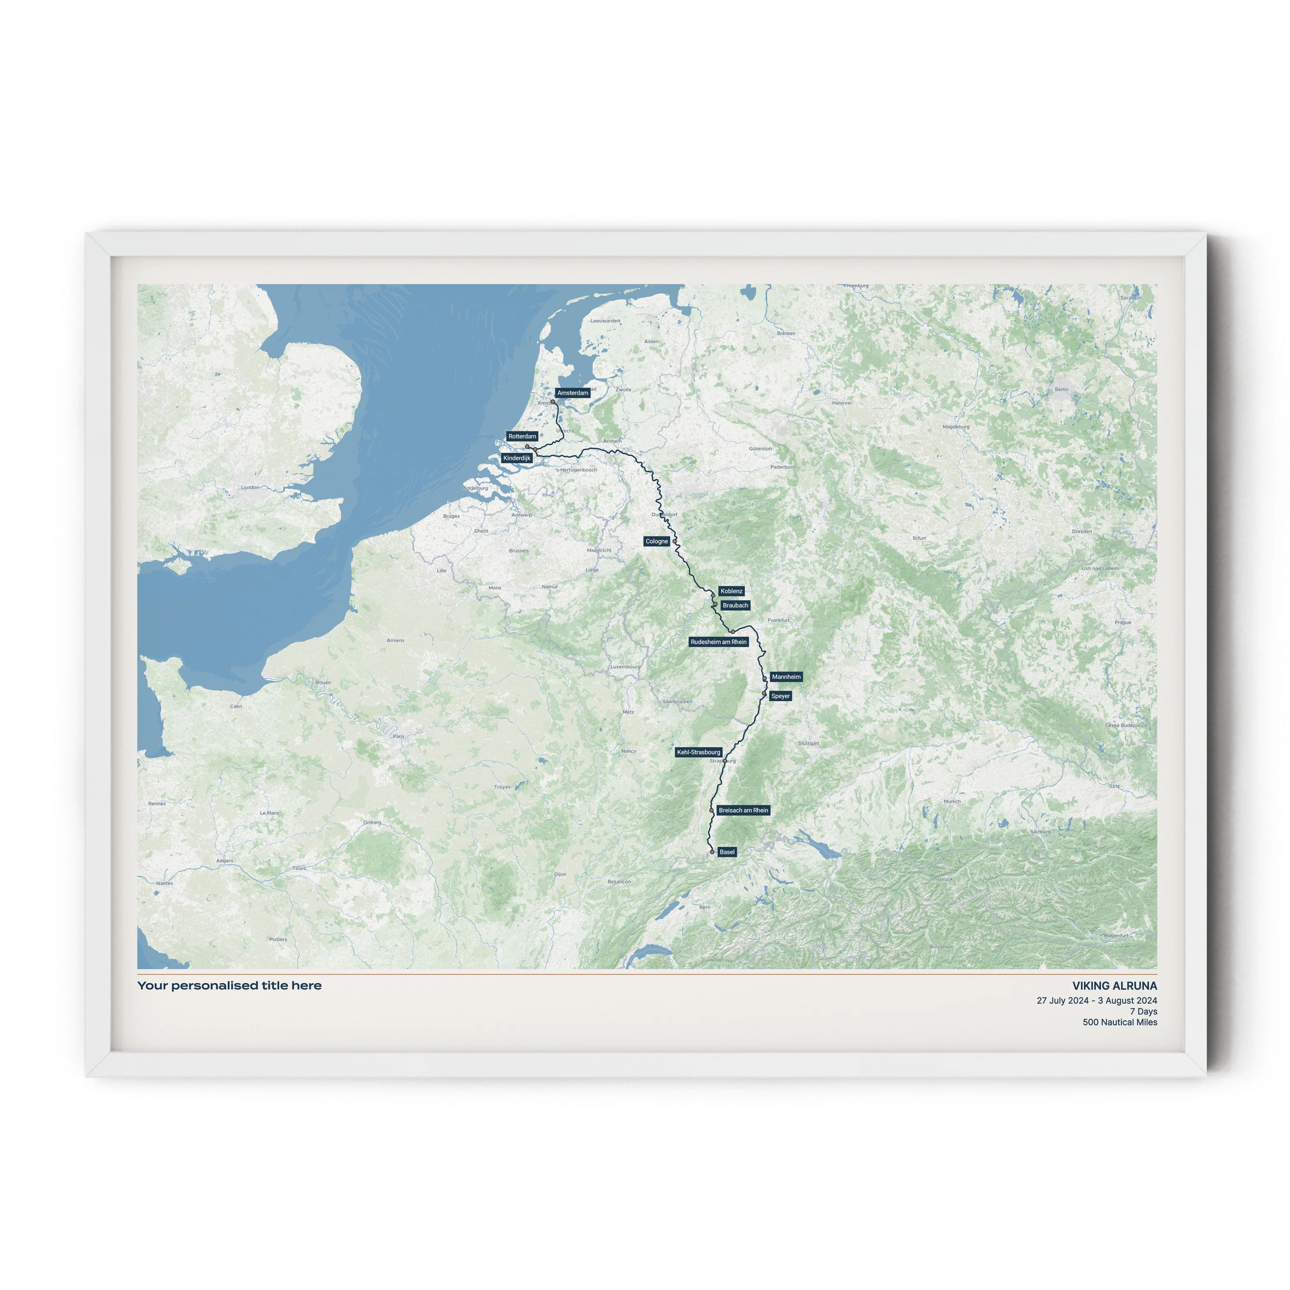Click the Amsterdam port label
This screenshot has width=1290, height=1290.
click(x=572, y=393)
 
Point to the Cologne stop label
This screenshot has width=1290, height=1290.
click(x=656, y=542)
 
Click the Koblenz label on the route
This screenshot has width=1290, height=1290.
click(x=731, y=591)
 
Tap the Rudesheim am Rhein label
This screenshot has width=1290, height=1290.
click(x=718, y=641)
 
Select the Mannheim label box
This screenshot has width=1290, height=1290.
click(x=786, y=677)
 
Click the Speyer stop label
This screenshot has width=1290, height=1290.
click(x=780, y=696)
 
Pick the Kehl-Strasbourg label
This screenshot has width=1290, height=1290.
click(x=698, y=752)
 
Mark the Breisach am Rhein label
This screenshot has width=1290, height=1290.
click(x=743, y=810)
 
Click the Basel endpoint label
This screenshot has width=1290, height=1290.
click(x=727, y=852)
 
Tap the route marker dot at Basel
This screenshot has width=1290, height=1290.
click(x=712, y=852)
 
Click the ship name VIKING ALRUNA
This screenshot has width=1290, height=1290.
click(x=1115, y=985)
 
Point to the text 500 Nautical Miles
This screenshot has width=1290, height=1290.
click(x=1120, y=1022)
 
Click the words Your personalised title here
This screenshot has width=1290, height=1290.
click(x=229, y=985)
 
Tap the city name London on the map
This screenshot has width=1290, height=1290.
click(x=250, y=488)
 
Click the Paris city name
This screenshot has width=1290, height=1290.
click(x=399, y=736)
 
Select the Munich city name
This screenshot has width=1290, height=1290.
click(x=952, y=801)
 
